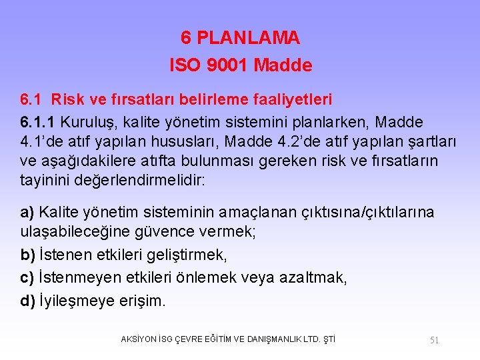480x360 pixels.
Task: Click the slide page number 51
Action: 434,340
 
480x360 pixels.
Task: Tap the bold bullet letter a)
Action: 27,212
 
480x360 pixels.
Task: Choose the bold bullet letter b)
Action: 28,256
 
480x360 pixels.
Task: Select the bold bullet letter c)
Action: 27,277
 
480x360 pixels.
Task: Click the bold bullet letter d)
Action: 28,300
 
